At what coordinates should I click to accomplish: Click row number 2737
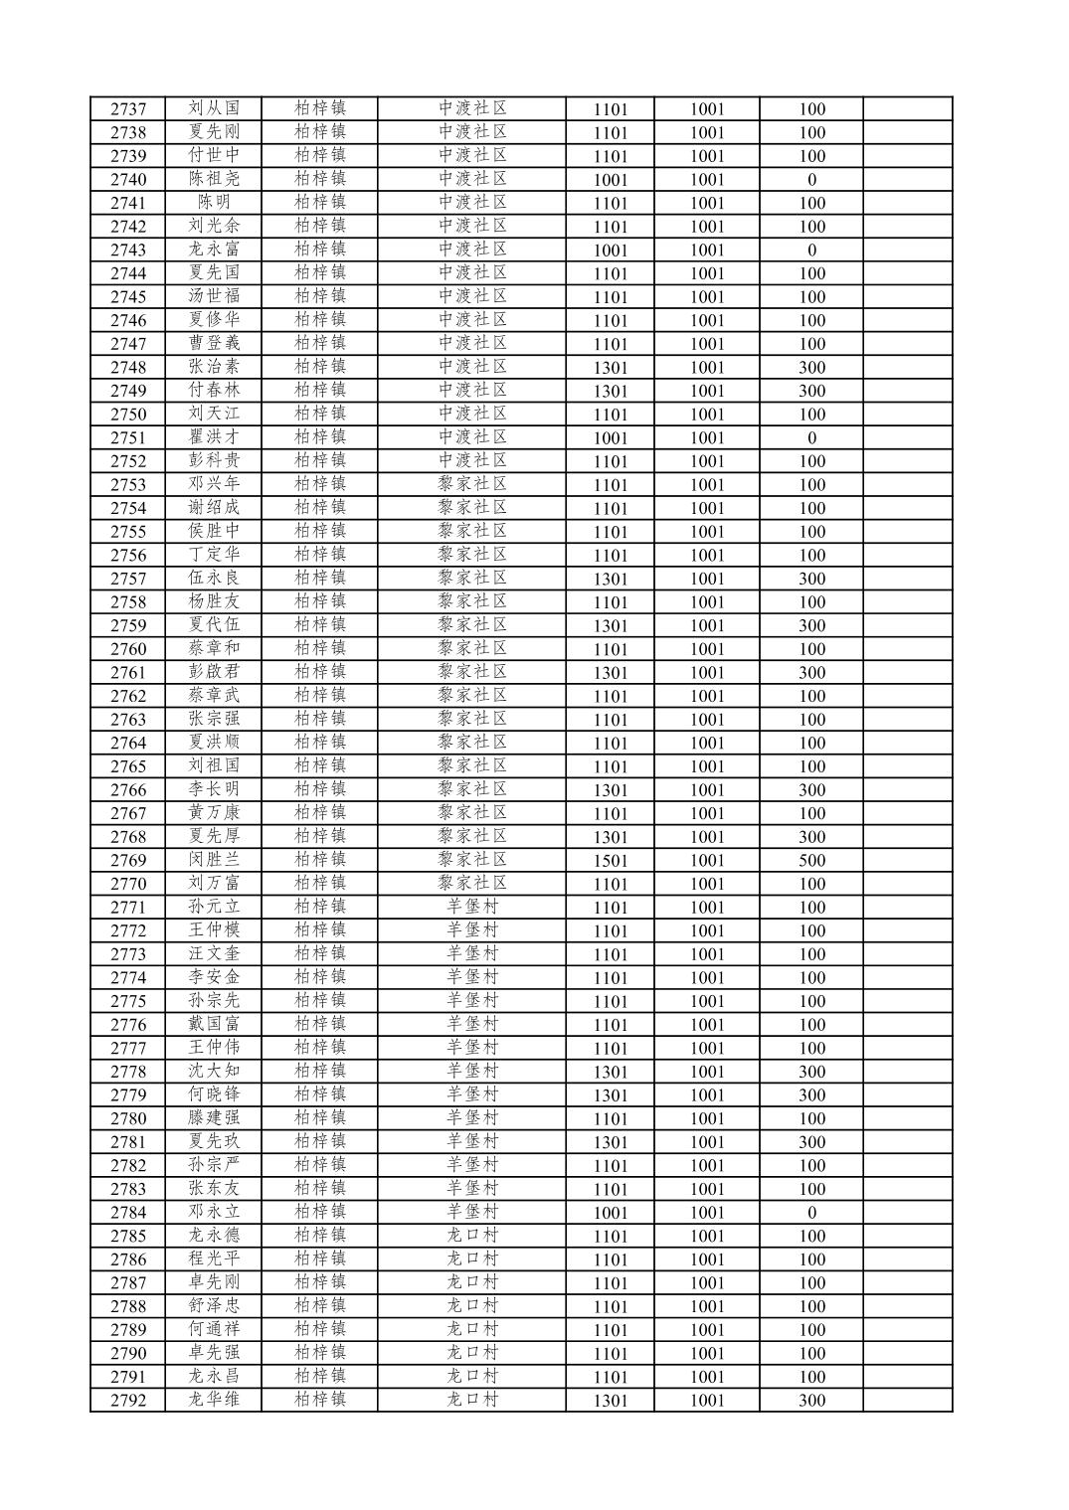(x=128, y=109)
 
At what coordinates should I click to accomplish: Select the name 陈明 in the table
(x=214, y=203)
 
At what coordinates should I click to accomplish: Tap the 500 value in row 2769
(x=811, y=861)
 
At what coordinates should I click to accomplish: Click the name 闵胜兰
(x=214, y=860)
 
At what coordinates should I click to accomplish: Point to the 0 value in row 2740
(x=811, y=180)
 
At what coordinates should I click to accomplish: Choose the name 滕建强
(x=214, y=1118)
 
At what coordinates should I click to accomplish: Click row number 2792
(x=128, y=1401)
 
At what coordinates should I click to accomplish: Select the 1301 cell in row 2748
(x=611, y=368)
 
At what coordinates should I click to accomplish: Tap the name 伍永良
(x=214, y=579)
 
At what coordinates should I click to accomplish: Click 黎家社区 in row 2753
(x=472, y=484)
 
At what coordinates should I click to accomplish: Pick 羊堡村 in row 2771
(x=472, y=907)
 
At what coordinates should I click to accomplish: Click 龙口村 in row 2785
(x=472, y=1236)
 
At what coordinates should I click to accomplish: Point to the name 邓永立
(x=214, y=1212)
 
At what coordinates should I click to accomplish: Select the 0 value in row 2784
(x=811, y=1213)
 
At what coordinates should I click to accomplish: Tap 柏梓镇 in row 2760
(x=320, y=648)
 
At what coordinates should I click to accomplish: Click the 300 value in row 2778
(x=811, y=1072)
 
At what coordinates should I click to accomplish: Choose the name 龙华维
(x=214, y=1400)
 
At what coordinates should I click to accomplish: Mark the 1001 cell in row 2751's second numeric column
(x=707, y=438)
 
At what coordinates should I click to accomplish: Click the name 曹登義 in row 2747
(x=214, y=344)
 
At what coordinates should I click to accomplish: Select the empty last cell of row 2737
(x=907, y=109)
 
